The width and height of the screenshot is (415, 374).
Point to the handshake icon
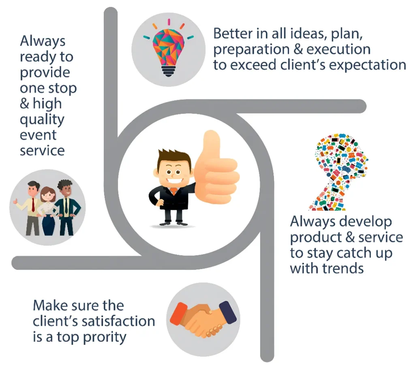(x=203, y=319)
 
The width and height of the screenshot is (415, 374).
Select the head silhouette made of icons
(x=339, y=172)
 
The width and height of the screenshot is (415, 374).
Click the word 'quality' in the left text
(x=42, y=120)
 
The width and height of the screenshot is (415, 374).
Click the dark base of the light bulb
(x=169, y=71)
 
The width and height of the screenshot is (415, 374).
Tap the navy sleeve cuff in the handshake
(x=228, y=312)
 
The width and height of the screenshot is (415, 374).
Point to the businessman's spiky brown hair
(x=174, y=158)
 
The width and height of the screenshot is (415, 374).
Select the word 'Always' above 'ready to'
(x=43, y=41)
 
